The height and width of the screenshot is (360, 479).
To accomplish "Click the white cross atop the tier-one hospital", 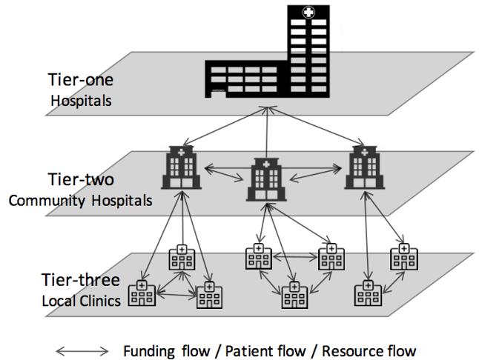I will (x=305, y=13).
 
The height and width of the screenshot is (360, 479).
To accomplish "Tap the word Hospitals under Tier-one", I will (x=82, y=99).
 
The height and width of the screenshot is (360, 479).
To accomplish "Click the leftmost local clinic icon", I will (x=142, y=294).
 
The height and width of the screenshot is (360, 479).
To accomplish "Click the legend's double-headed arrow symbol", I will (x=84, y=350).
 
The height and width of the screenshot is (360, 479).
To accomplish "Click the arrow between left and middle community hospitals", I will (x=226, y=176).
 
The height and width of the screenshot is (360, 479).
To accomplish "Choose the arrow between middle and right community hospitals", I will (x=317, y=176).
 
